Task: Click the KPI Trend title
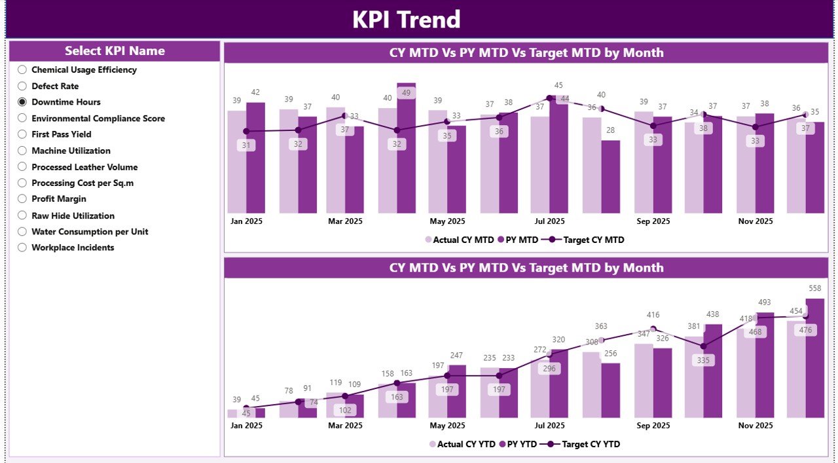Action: click(x=406, y=20)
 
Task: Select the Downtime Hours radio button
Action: click(x=22, y=102)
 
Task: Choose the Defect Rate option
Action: click(x=22, y=86)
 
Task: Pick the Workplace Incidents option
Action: click(x=22, y=248)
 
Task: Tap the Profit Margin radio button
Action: click(x=22, y=199)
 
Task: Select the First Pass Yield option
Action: click(x=22, y=134)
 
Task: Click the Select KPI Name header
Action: click(x=115, y=51)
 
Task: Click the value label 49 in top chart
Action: click(x=406, y=93)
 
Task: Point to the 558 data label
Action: click(x=814, y=288)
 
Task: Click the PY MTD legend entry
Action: click(x=518, y=240)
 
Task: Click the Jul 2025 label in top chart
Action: click(x=549, y=221)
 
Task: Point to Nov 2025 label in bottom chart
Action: click(x=756, y=426)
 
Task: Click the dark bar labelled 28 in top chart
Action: click(x=610, y=177)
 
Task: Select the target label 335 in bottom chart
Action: click(x=703, y=360)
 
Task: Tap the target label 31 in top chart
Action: click(x=246, y=145)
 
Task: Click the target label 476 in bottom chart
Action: click(x=805, y=330)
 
